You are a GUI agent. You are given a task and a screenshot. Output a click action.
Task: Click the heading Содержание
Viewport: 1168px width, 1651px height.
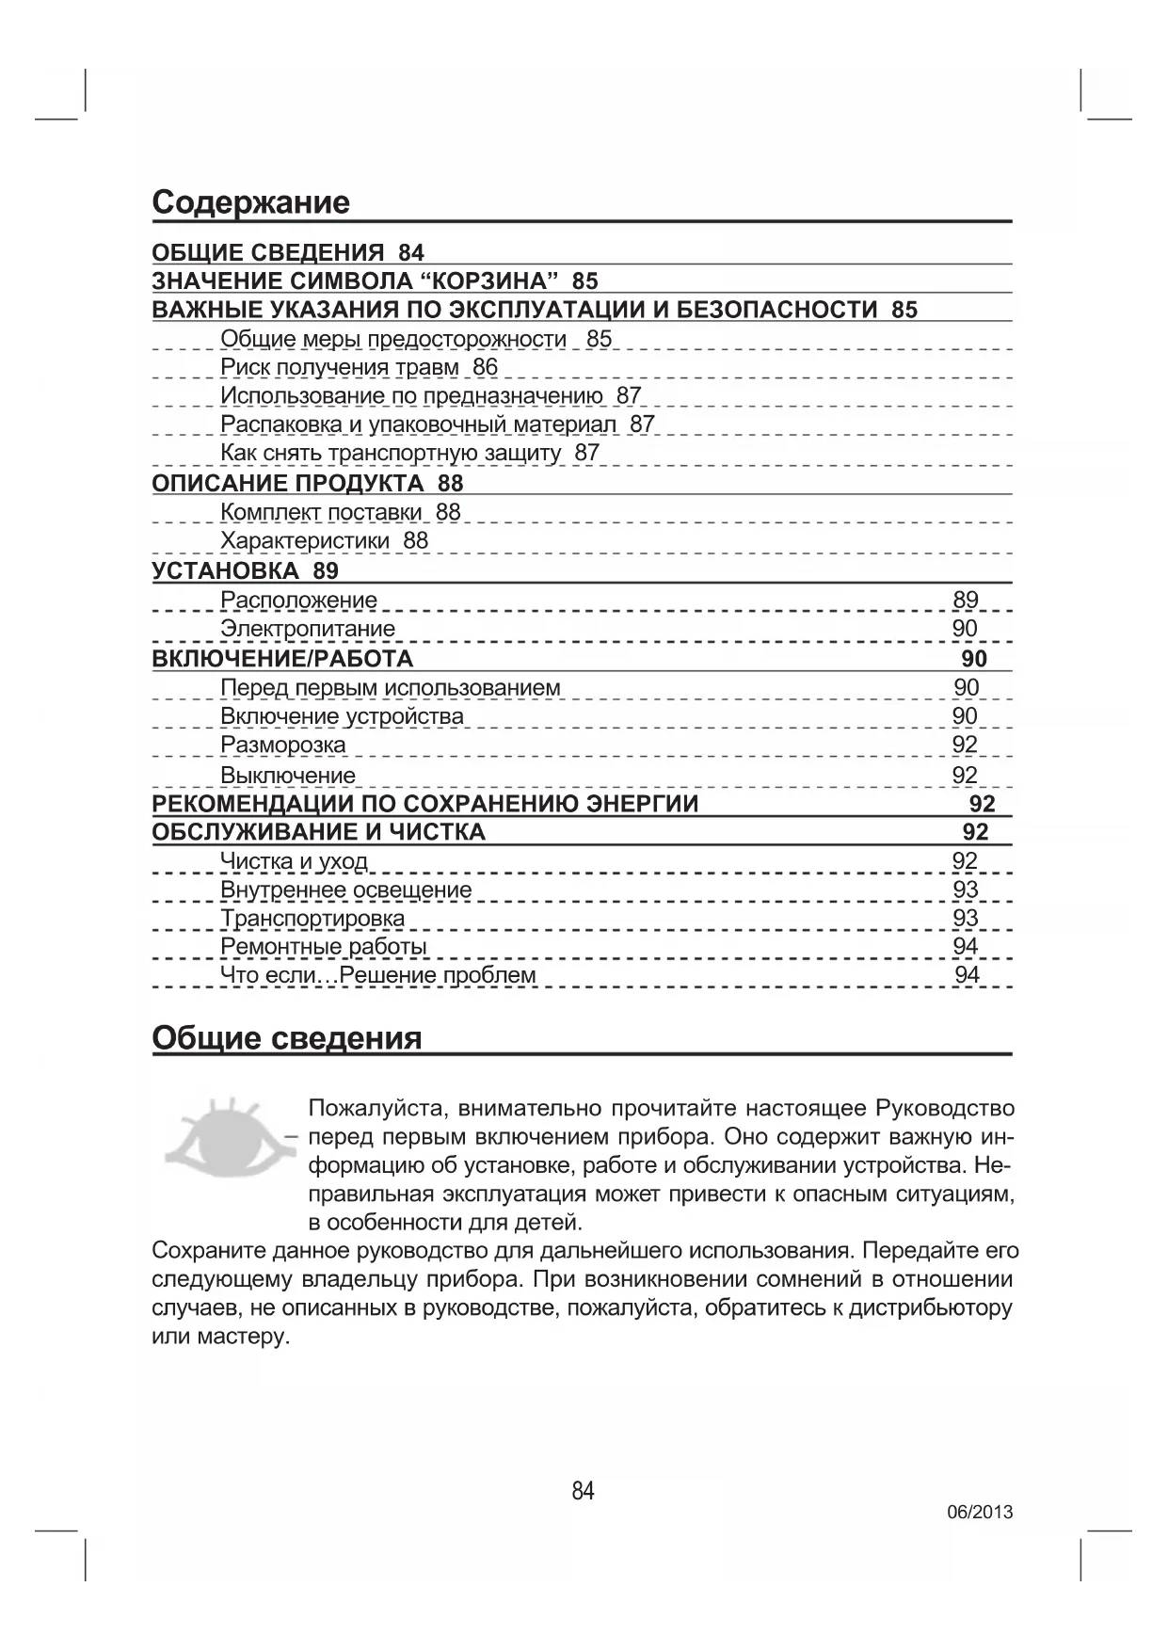(250, 202)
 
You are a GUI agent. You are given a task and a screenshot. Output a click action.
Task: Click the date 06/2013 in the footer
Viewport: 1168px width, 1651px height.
(979, 1513)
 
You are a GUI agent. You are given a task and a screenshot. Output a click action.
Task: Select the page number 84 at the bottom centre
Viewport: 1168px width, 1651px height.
(583, 1491)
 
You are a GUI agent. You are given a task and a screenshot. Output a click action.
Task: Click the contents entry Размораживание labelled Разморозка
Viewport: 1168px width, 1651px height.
(282, 745)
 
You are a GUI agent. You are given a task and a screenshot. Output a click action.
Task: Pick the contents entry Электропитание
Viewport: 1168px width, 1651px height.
(308, 629)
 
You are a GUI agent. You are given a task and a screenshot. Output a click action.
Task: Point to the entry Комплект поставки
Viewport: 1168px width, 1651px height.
(321, 512)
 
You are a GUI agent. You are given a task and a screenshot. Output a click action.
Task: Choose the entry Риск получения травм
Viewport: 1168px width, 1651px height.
(339, 367)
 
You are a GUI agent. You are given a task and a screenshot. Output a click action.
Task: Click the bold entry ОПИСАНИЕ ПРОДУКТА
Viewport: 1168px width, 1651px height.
(288, 484)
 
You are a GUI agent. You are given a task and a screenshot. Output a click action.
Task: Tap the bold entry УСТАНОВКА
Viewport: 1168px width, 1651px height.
(225, 570)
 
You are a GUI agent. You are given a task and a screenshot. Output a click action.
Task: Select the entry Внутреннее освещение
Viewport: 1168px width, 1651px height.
(345, 890)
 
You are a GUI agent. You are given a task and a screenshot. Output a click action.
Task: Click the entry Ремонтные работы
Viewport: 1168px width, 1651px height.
(323, 946)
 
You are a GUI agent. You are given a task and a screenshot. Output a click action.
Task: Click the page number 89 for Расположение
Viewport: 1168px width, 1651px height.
(966, 600)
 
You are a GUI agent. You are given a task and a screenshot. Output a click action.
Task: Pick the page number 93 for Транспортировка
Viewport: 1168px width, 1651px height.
(966, 918)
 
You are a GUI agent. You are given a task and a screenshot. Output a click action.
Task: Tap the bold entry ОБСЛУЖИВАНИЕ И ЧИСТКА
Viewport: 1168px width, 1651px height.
(318, 832)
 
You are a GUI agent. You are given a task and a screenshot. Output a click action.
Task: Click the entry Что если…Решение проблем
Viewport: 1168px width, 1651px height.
(377, 975)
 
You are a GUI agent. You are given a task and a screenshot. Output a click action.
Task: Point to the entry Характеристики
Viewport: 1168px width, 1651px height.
(304, 541)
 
